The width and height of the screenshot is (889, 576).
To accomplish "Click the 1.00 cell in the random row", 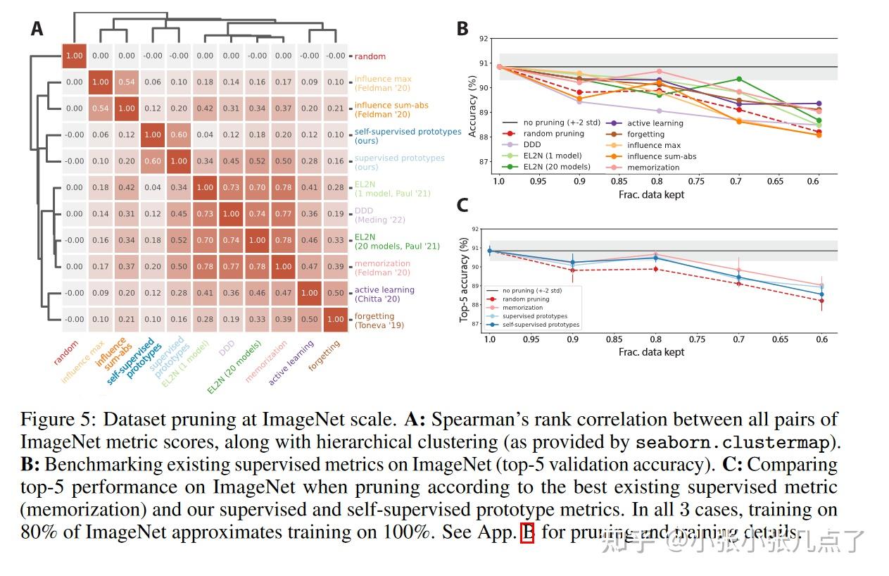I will [x=74, y=56].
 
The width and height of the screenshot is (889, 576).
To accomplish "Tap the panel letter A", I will [x=37, y=29].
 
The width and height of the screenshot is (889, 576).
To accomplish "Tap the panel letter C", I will [x=462, y=205].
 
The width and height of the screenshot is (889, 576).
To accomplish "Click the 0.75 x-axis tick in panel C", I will [x=697, y=339].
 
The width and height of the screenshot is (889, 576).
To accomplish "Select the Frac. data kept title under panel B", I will [x=651, y=194].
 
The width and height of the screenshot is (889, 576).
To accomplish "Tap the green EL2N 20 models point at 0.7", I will [x=739, y=79].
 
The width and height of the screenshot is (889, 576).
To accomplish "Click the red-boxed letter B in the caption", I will [x=527, y=533].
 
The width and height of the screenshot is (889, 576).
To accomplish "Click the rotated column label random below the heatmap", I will [x=66, y=352].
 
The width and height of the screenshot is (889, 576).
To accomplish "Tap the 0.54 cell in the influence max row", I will [x=127, y=82].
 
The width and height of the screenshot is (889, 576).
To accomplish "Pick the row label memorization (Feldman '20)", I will [x=383, y=268].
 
